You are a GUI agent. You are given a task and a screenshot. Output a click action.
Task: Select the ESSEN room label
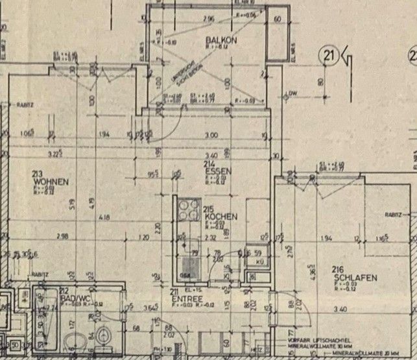coord(214,173)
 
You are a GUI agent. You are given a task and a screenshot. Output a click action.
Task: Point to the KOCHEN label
coord(220,216)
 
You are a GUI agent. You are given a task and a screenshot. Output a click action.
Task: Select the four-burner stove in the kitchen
coord(187,211)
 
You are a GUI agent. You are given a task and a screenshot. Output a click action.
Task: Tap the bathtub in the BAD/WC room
coord(45,321)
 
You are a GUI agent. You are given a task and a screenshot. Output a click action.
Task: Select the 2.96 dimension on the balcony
coord(208,19)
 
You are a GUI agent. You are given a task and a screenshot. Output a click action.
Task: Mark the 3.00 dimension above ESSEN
coord(211,135)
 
